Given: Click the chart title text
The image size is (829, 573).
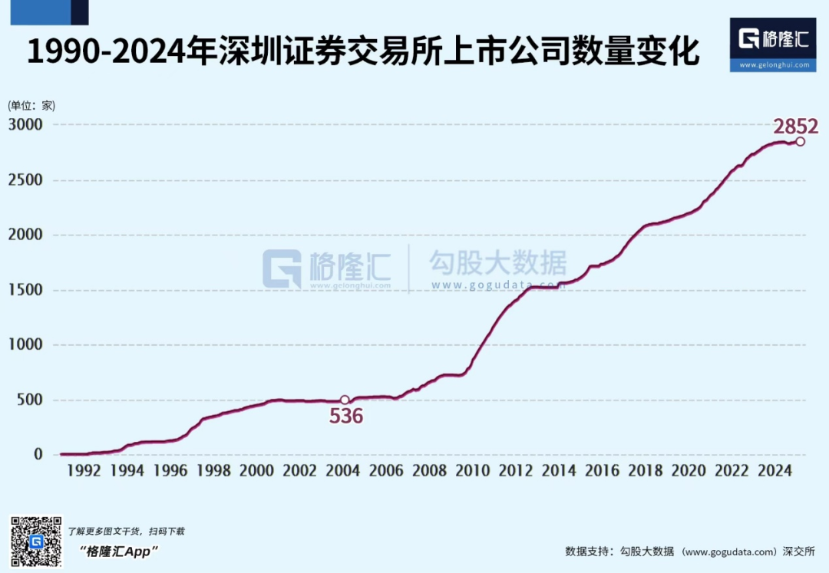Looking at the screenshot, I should coord(363,52).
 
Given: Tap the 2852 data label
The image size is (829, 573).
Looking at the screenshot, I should coord(796,127).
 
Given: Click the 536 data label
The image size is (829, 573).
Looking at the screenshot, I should coord(346,417).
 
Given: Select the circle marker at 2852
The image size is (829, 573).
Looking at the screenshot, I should coord(800,141).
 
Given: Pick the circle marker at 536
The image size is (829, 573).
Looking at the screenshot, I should coord(345,400).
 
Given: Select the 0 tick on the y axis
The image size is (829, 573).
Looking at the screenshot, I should coord(38,455).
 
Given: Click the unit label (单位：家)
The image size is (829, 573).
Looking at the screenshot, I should coord(31,106).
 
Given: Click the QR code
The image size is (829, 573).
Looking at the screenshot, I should coord(36,542).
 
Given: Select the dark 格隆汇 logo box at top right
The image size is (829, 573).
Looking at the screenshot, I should coord(773,44).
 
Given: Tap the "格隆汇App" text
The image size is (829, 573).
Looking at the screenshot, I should coord(118,551).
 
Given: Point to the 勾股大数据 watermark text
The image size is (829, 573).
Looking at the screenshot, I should coord(498,264).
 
